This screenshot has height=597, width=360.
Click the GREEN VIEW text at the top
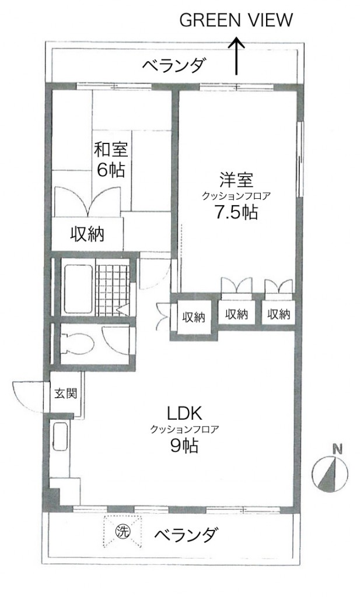click(x=236, y=20)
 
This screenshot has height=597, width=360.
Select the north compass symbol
click(x=330, y=474)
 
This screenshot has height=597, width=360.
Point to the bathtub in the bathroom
click(x=78, y=288)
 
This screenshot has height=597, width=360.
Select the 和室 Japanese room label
click(x=111, y=149)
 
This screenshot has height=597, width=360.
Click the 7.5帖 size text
click(x=236, y=212)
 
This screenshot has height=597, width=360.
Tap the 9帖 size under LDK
click(x=184, y=445)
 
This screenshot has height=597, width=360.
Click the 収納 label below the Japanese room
click(x=88, y=233)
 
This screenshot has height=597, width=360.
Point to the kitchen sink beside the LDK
click(x=60, y=437)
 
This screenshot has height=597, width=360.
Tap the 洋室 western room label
click(x=236, y=180)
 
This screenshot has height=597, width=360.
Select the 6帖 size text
click(x=111, y=170)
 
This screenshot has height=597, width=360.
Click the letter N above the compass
click(x=337, y=449)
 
